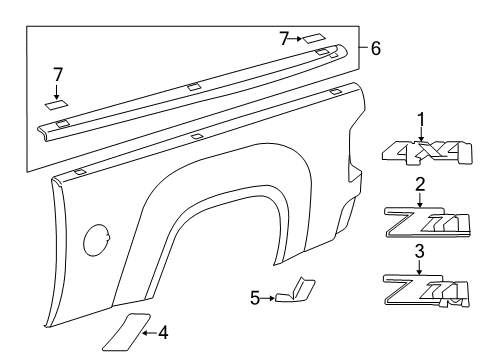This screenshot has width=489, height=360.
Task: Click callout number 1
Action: click(421, 118)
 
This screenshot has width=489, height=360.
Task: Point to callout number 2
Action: click(421, 183)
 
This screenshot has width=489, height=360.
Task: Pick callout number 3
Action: click(421, 251)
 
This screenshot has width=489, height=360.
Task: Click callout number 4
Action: click(163, 333)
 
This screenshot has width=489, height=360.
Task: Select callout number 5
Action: click(255, 297)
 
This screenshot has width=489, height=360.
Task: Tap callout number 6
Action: click(375, 48)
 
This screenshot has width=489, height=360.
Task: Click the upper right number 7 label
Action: click(284, 38)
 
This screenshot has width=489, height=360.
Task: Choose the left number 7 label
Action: click(58, 75)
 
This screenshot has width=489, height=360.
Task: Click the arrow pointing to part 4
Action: click(147, 333)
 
